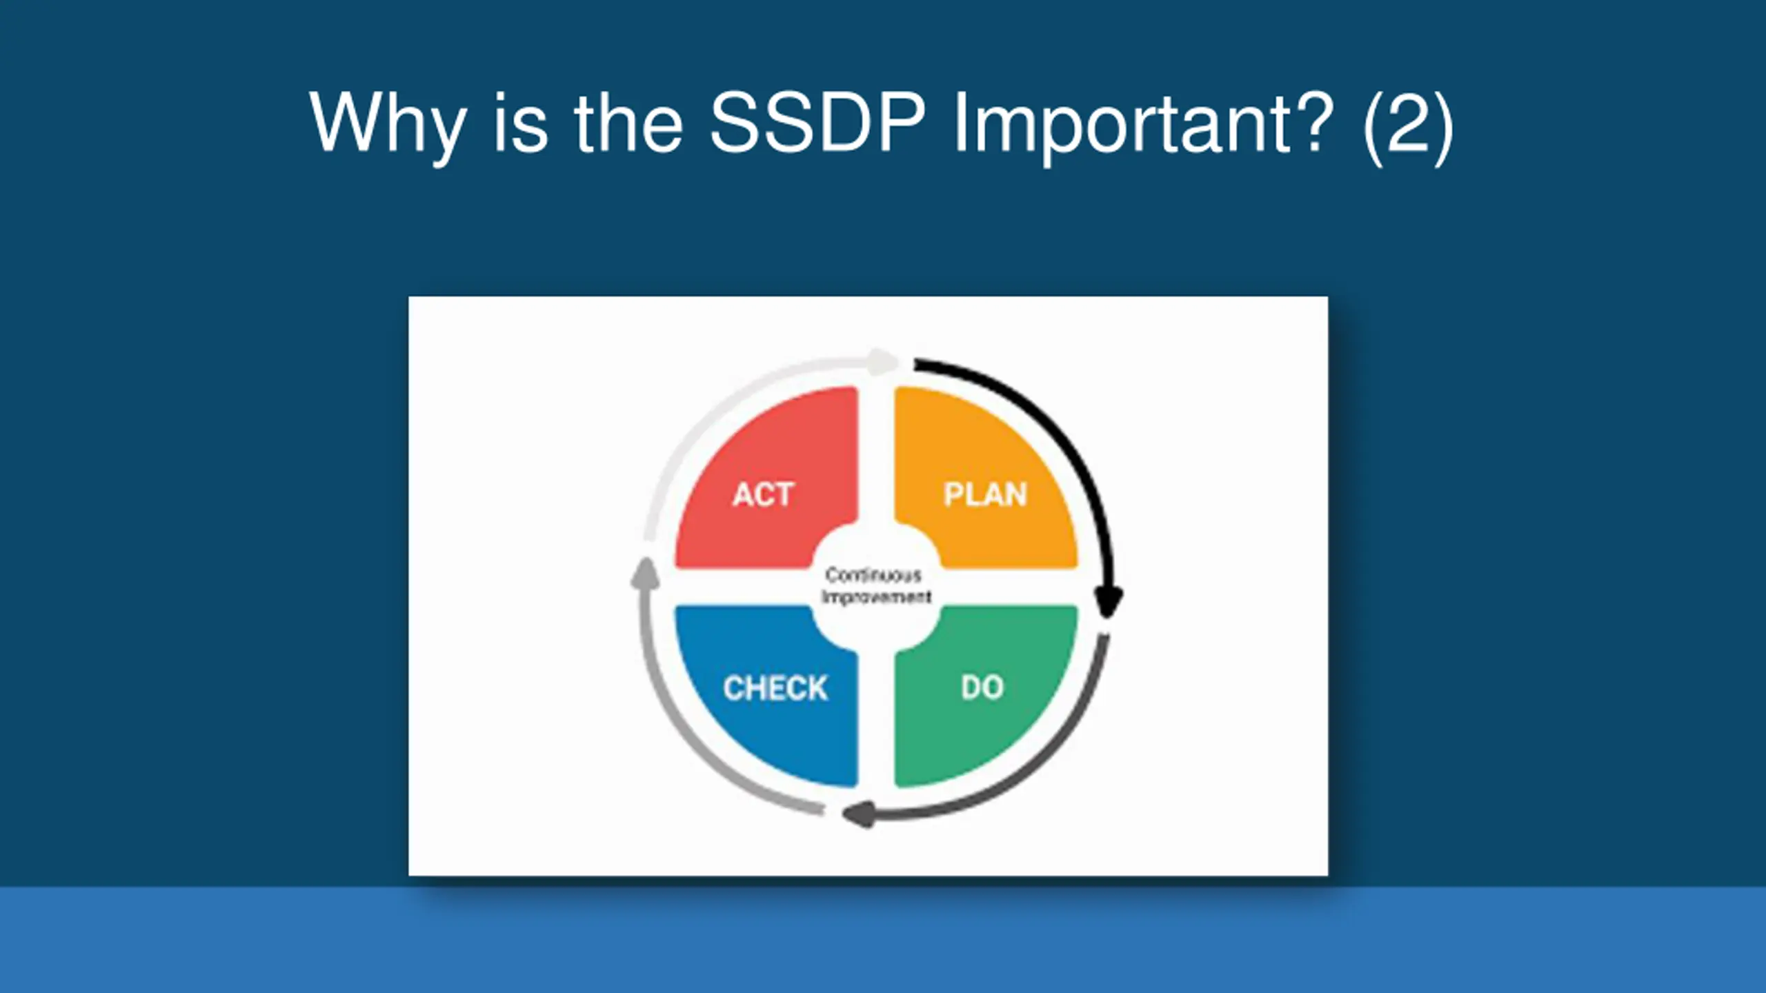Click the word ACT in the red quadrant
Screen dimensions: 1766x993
click(763, 494)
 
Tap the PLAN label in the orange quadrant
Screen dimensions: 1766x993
click(985, 494)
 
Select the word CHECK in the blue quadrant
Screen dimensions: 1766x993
click(775, 688)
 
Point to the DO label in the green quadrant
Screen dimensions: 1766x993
click(982, 688)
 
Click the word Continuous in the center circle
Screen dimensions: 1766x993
click(873, 574)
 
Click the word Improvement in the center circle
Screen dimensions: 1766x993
click(877, 596)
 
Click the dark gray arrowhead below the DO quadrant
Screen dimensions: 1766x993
click(859, 814)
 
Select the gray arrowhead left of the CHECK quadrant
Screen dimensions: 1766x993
click(645, 574)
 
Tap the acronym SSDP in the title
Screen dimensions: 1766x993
click(817, 122)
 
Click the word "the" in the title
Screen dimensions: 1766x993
click(628, 122)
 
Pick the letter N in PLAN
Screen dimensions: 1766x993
click(1016, 494)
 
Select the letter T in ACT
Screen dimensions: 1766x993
click(784, 494)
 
